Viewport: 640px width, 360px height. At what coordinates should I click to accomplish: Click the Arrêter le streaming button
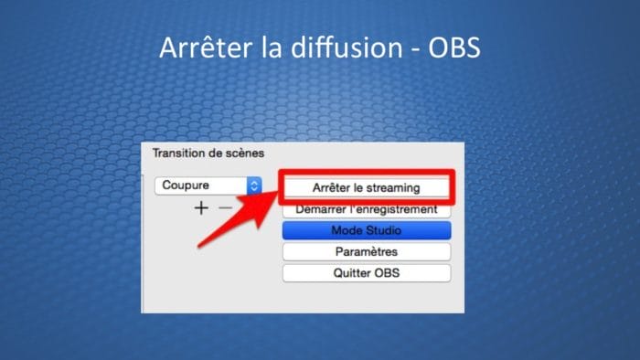(x=366, y=187)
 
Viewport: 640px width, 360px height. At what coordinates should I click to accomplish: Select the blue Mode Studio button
(x=366, y=230)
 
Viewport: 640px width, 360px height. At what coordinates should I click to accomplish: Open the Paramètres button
(x=366, y=251)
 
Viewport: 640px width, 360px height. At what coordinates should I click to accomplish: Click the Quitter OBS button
(x=366, y=273)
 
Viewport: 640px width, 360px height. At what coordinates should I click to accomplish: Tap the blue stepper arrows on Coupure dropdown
(x=253, y=185)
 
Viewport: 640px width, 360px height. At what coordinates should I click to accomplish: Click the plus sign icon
(x=201, y=208)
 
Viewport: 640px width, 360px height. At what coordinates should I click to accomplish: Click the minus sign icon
(x=226, y=208)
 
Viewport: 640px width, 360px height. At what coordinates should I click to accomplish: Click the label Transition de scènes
(x=208, y=154)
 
